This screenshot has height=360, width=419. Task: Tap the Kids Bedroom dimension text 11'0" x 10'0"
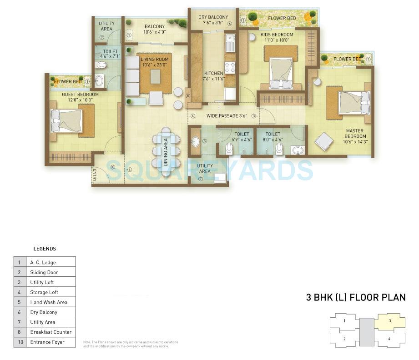(x=277, y=40)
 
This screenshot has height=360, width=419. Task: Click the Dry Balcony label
(x=213, y=17)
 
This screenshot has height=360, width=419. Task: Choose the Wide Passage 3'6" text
(x=226, y=116)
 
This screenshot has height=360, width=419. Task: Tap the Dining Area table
(x=166, y=151)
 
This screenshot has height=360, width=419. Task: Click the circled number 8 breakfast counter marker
(x=187, y=95)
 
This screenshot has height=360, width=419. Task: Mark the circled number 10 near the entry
(x=112, y=167)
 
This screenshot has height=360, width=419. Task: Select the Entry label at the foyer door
(x=94, y=175)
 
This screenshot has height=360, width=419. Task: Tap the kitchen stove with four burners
(x=230, y=68)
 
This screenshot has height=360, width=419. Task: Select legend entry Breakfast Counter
(x=50, y=332)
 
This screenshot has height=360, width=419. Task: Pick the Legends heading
(x=45, y=249)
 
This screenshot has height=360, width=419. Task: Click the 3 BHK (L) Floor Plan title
(x=355, y=298)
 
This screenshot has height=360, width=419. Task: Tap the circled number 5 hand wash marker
(x=204, y=141)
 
